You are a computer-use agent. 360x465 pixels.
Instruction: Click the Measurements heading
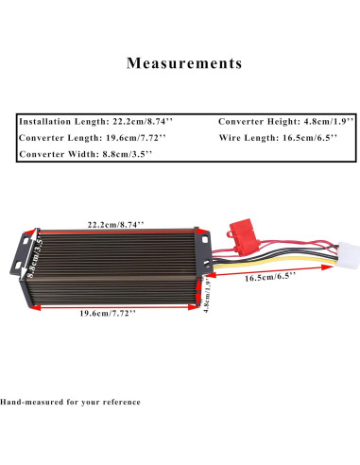tap(183, 64)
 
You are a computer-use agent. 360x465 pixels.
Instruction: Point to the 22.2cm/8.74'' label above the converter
tap(115, 224)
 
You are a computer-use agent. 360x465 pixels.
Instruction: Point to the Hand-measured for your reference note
tap(71, 401)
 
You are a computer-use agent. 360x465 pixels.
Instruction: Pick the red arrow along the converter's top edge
tap(115, 231)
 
